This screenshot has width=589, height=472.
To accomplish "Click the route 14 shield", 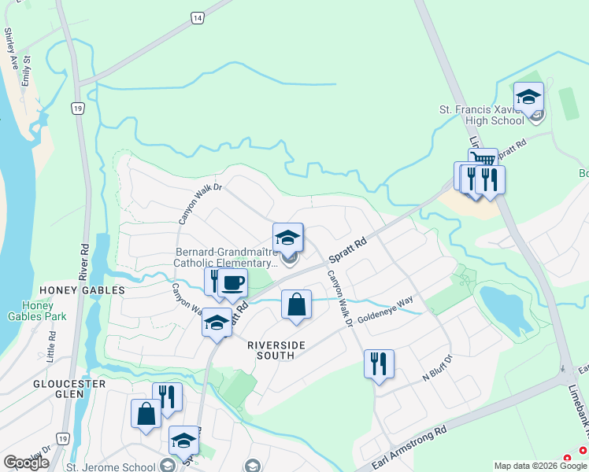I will (x=197, y=17).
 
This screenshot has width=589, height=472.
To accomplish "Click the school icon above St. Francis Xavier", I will (x=528, y=98).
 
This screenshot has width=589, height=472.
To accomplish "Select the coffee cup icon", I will (x=232, y=282).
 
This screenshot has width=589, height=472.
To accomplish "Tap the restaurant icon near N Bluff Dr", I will (x=379, y=364).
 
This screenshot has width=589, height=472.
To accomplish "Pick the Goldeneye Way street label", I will (x=385, y=311).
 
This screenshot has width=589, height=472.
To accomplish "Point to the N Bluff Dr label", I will (x=438, y=368).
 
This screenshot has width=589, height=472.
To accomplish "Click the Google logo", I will (x=26, y=462).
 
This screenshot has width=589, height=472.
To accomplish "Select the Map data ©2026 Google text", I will (x=539, y=466).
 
